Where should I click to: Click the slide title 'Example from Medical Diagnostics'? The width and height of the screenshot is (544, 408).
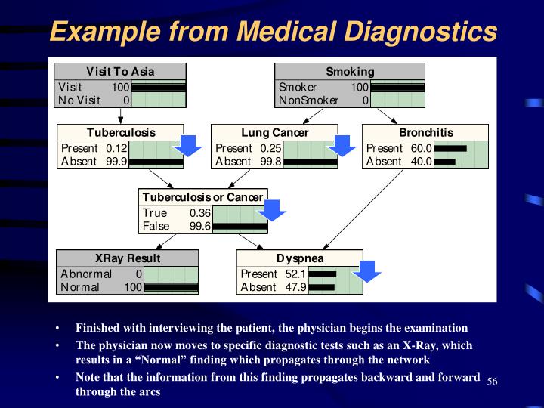click(x=273, y=32)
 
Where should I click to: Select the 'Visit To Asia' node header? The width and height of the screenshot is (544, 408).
click(x=120, y=72)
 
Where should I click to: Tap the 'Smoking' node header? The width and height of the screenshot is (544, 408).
click(x=350, y=72)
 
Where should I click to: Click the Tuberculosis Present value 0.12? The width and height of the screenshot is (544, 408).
click(x=116, y=148)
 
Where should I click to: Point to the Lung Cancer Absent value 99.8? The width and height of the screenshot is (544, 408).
click(x=270, y=162)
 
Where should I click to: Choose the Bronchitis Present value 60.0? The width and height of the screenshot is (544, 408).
click(x=421, y=148)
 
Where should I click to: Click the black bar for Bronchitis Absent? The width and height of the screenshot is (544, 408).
click(x=445, y=162)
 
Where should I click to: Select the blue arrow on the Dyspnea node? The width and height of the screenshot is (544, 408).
click(x=369, y=269)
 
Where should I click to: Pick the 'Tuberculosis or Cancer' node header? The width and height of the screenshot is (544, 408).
click(x=202, y=197)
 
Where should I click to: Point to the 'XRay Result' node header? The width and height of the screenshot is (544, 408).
click(x=128, y=258)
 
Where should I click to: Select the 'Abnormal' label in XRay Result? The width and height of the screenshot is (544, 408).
click(x=86, y=274)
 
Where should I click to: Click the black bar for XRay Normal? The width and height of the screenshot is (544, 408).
click(x=171, y=287)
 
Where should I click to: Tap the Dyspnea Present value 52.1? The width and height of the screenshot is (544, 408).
click(x=295, y=274)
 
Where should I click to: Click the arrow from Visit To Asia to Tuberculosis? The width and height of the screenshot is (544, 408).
click(x=120, y=116)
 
